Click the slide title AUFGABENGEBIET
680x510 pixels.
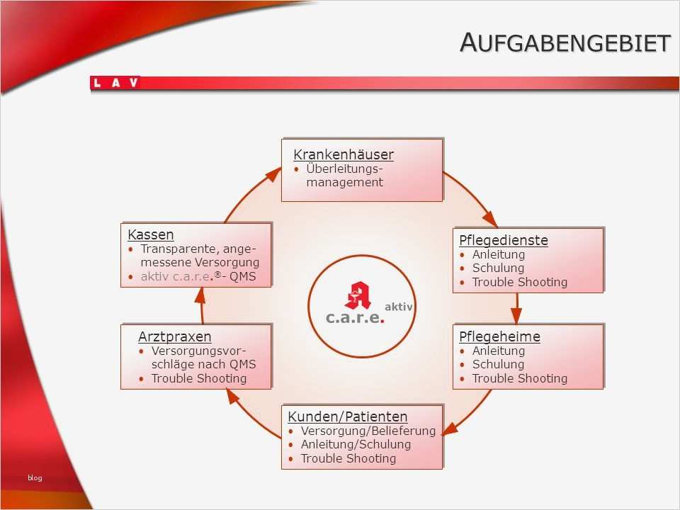[x=565, y=42]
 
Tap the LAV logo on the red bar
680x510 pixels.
[x=115, y=82]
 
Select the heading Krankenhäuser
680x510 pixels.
[x=344, y=154]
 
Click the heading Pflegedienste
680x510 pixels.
[x=504, y=240]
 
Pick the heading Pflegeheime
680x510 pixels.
[x=499, y=336]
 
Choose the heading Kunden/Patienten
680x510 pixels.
[x=347, y=416]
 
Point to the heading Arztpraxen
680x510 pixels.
[x=175, y=336]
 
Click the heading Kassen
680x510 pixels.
[x=150, y=234]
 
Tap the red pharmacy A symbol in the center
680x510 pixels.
[x=358, y=295]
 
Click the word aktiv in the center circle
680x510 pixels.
[x=399, y=307]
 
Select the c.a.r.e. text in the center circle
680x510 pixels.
[x=355, y=318]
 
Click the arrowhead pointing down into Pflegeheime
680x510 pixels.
[x=516, y=316]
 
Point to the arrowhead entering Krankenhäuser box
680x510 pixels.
[x=274, y=174]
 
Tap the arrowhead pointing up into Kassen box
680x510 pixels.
[x=200, y=295]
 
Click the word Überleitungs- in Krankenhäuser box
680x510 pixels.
[x=345, y=169]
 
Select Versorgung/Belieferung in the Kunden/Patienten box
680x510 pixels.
[x=368, y=431]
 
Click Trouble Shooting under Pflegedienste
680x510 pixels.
[x=519, y=283]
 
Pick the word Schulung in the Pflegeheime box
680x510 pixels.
[x=498, y=364]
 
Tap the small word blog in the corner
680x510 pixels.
[x=35, y=477]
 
